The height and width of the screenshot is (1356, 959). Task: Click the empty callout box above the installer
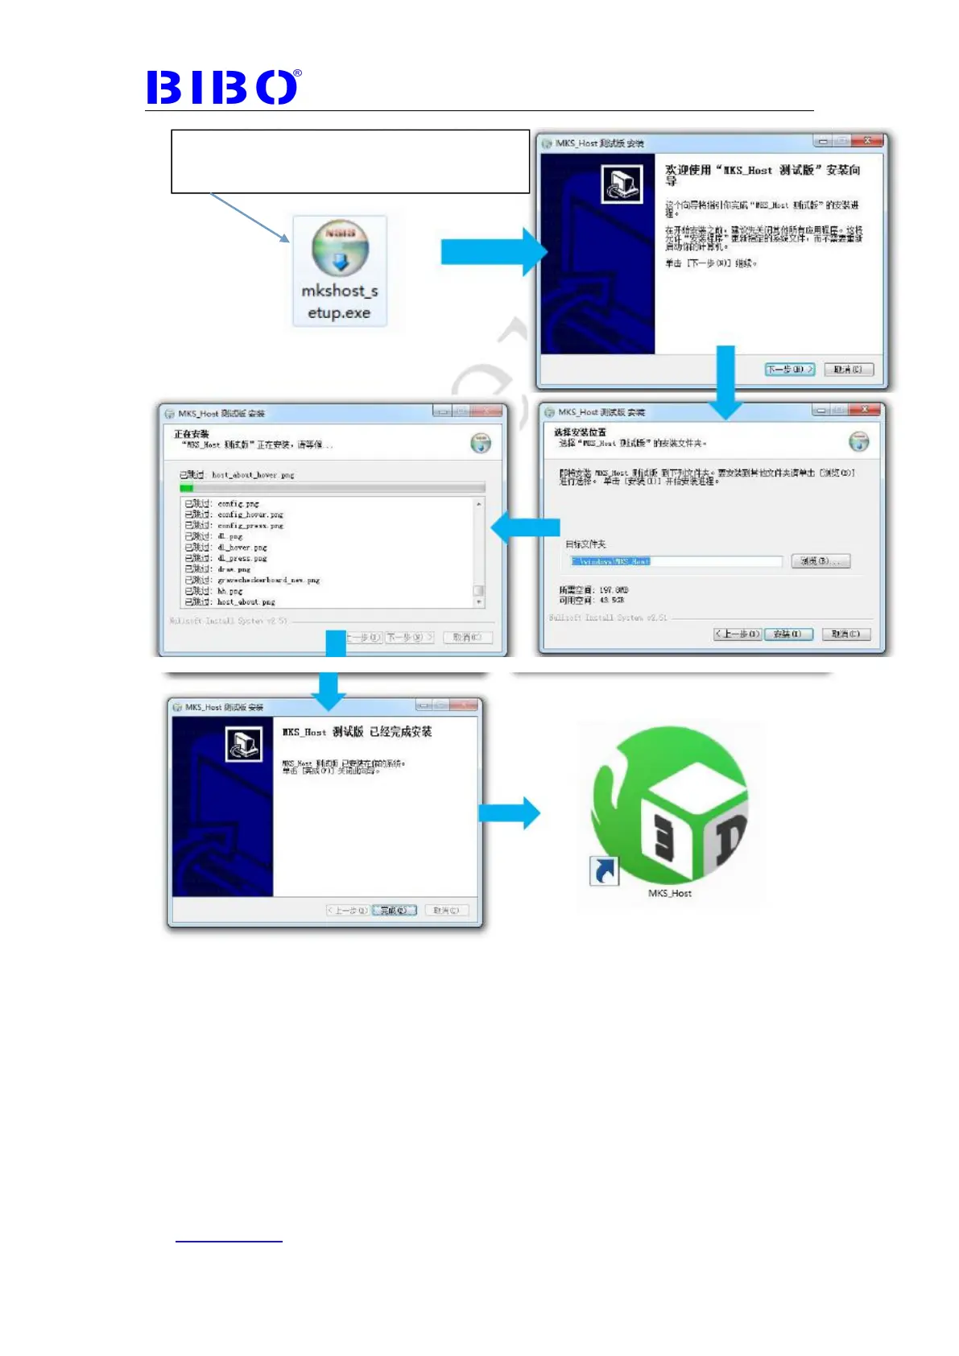coord(350,161)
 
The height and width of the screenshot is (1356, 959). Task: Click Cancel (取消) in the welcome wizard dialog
coord(848,370)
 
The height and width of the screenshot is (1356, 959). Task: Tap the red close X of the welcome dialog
coord(867,141)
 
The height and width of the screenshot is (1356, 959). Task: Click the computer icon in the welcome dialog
coord(622,184)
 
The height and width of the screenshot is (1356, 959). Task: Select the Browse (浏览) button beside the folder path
coord(821,561)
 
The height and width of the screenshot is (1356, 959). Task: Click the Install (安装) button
coord(787,635)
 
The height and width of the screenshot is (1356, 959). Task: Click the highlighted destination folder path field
coord(675,561)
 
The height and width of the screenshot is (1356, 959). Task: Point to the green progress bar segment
coord(186,487)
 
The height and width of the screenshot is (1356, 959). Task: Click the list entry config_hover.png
coord(250,515)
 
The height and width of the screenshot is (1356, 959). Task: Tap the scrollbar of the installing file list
coord(479,552)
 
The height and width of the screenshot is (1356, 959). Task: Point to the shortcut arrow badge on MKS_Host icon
coord(604,870)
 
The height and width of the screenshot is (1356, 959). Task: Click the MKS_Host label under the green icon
coord(670,894)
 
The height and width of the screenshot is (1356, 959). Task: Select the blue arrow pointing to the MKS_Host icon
coord(509,813)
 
